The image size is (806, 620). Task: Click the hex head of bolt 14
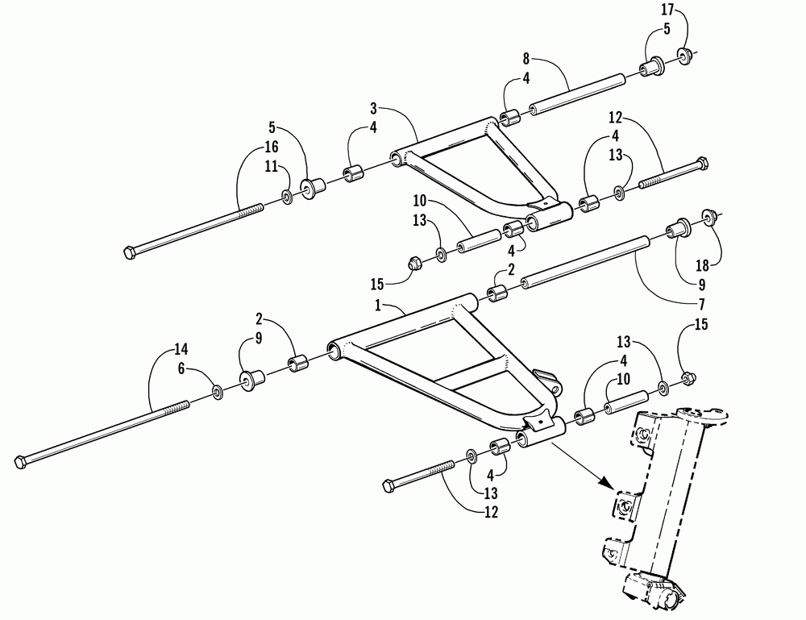point(21,463)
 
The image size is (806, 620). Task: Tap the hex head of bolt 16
point(131,252)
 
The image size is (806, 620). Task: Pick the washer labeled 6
point(218,391)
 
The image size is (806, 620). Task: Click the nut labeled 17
point(683,56)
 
